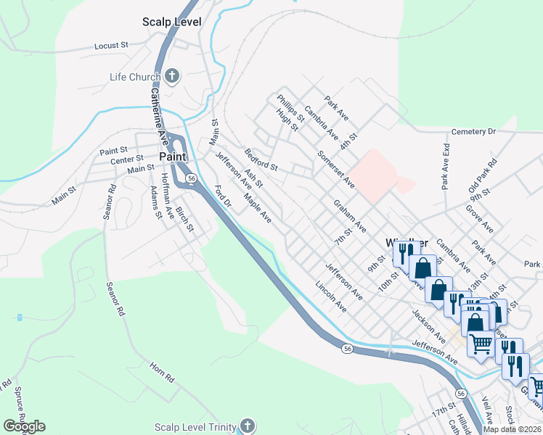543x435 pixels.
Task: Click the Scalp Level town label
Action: coord(171,22)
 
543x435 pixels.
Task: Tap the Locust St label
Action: coord(111,45)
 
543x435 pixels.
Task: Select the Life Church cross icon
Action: coord(172,77)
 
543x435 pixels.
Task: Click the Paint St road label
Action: coord(113,152)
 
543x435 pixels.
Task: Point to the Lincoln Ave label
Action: coord(331,297)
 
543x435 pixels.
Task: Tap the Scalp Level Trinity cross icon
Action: coord(248,426)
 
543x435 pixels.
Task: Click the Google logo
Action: coord(23,426)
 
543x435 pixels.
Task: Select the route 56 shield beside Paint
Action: coord(191,178)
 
